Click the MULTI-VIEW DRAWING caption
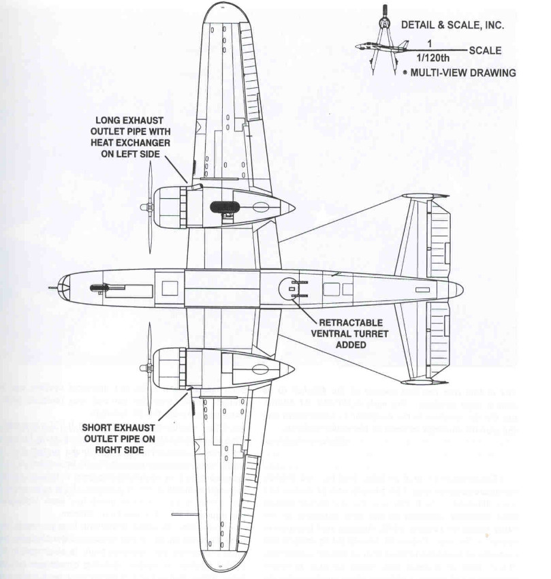click(x=467, y=72)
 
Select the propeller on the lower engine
click(x=149, y=368)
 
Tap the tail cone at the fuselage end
click(x=458, y=289)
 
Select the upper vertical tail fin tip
click(x=425, y=196)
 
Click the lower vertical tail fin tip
click(x=425, y=381)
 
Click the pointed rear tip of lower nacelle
click(x=293, y=369)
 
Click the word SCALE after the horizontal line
click(x=485, y=50)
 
